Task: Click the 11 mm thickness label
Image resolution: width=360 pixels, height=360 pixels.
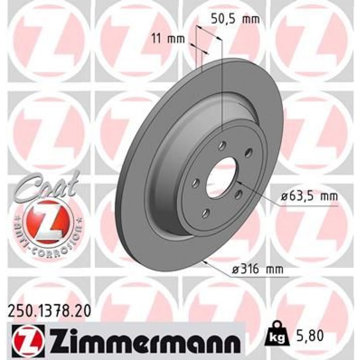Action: tap(168, 38)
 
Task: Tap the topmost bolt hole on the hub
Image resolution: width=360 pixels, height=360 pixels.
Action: tap(222, 146)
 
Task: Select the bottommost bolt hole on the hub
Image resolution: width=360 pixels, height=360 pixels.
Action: tap(206, 213)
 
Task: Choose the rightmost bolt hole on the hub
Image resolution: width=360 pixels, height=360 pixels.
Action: tap(248, 153)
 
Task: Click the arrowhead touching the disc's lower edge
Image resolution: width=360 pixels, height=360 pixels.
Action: tap(205, 262)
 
